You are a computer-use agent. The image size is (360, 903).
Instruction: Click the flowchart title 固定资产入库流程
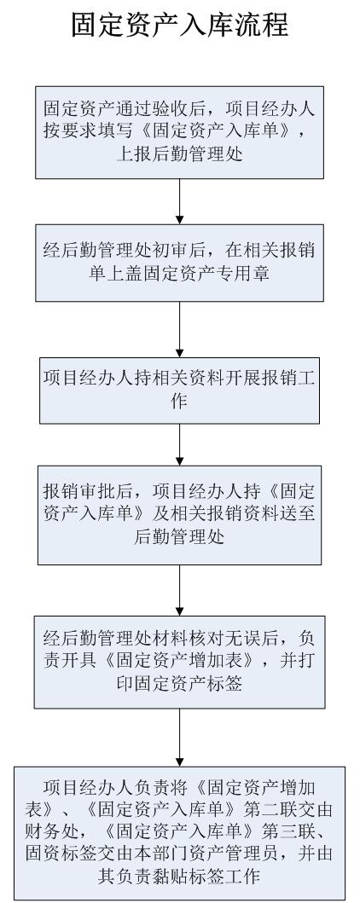click(x=180, y=26)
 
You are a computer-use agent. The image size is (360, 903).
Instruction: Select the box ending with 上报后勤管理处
click(x=180, y=132)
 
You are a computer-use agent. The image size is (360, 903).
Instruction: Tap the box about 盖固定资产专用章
click(x=180, y=263)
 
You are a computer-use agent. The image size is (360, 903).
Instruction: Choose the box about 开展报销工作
click(x=180, y=391)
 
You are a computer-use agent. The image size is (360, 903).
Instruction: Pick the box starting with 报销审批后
click(x=180, y=515)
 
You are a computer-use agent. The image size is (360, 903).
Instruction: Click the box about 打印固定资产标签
click(x=180, y=662)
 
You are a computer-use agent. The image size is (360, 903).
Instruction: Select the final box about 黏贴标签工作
click(x=180, y=833)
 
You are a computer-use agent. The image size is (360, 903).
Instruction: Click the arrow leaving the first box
click(x=180, y=201)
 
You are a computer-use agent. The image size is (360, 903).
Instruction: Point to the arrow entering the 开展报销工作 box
click(x=180, y=329)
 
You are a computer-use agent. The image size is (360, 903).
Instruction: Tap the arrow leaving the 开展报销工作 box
click(x=180, y=444)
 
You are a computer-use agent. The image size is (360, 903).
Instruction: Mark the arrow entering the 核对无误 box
click(x=180, y=590)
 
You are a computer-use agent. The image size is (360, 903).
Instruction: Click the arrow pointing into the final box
click(x=180, y=738)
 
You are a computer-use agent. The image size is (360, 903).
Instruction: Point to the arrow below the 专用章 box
click(x=180, y=329)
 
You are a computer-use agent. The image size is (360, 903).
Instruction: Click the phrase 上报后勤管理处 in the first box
click(x=180, y=154)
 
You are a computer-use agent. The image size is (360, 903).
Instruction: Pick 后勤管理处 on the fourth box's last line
click(x=180, y=536)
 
